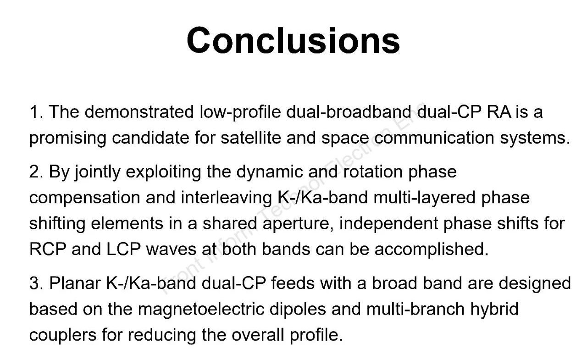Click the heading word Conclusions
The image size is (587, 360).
click(293, 41)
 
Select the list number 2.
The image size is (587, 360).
click(36, 172)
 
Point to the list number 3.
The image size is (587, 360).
click(36, 283)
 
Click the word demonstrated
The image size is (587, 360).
click(139, 112)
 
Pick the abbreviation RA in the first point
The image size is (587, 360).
click(499, 112)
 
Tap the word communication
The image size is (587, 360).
click(434, 138)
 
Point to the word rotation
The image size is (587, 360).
click(373, 172)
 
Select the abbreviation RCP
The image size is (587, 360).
click(48, 249)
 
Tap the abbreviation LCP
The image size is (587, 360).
click(123, 249)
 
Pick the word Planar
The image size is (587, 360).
click(75, 283)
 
